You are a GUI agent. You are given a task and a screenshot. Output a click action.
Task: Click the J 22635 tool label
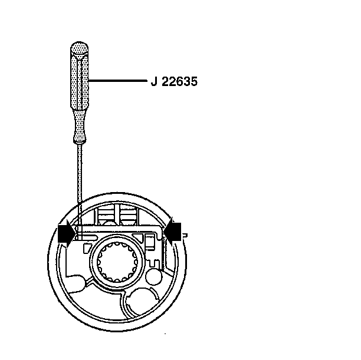(x=174, y=82)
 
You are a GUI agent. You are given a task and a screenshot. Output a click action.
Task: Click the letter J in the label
(x=154, y=82)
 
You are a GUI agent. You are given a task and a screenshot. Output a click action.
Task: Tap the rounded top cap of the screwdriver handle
(x=79, y=48)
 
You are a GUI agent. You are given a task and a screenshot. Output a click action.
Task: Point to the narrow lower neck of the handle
(x=80, y=126)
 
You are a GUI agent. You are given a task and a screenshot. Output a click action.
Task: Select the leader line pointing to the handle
(x=117, y=81)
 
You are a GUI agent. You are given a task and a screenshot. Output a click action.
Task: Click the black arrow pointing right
(x=67, y=233)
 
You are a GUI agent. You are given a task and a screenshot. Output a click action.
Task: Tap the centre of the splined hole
(x=117, y=262)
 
